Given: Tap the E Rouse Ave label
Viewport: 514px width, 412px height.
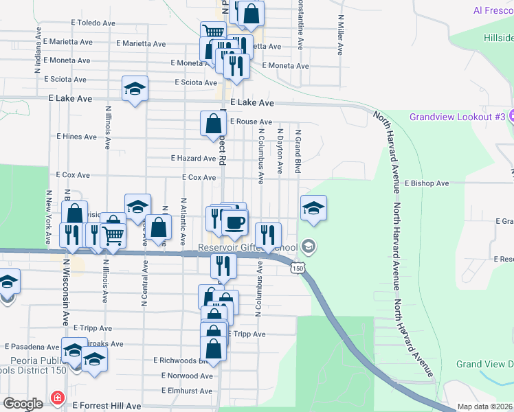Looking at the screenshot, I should (251, 122).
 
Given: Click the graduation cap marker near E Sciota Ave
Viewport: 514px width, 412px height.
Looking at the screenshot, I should (135, 89).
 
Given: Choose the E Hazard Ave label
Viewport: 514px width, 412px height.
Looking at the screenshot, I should (194, 158).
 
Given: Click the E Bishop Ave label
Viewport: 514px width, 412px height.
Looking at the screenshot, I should (426, 183).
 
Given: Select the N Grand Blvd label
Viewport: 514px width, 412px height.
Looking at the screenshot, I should (298, 151).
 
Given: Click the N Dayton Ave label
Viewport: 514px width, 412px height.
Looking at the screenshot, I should (280, 151).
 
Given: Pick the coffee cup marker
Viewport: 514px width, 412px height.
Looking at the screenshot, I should (235, 222).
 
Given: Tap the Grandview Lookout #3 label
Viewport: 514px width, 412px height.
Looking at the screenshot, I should (457, 117).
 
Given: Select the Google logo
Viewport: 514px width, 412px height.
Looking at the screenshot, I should (23, 404).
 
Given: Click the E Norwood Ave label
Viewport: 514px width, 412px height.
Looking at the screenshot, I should (187, 376).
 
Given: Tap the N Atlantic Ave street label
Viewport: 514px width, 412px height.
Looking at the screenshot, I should (183, 222).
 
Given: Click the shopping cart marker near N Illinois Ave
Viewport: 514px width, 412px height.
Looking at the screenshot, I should (113, 235).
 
